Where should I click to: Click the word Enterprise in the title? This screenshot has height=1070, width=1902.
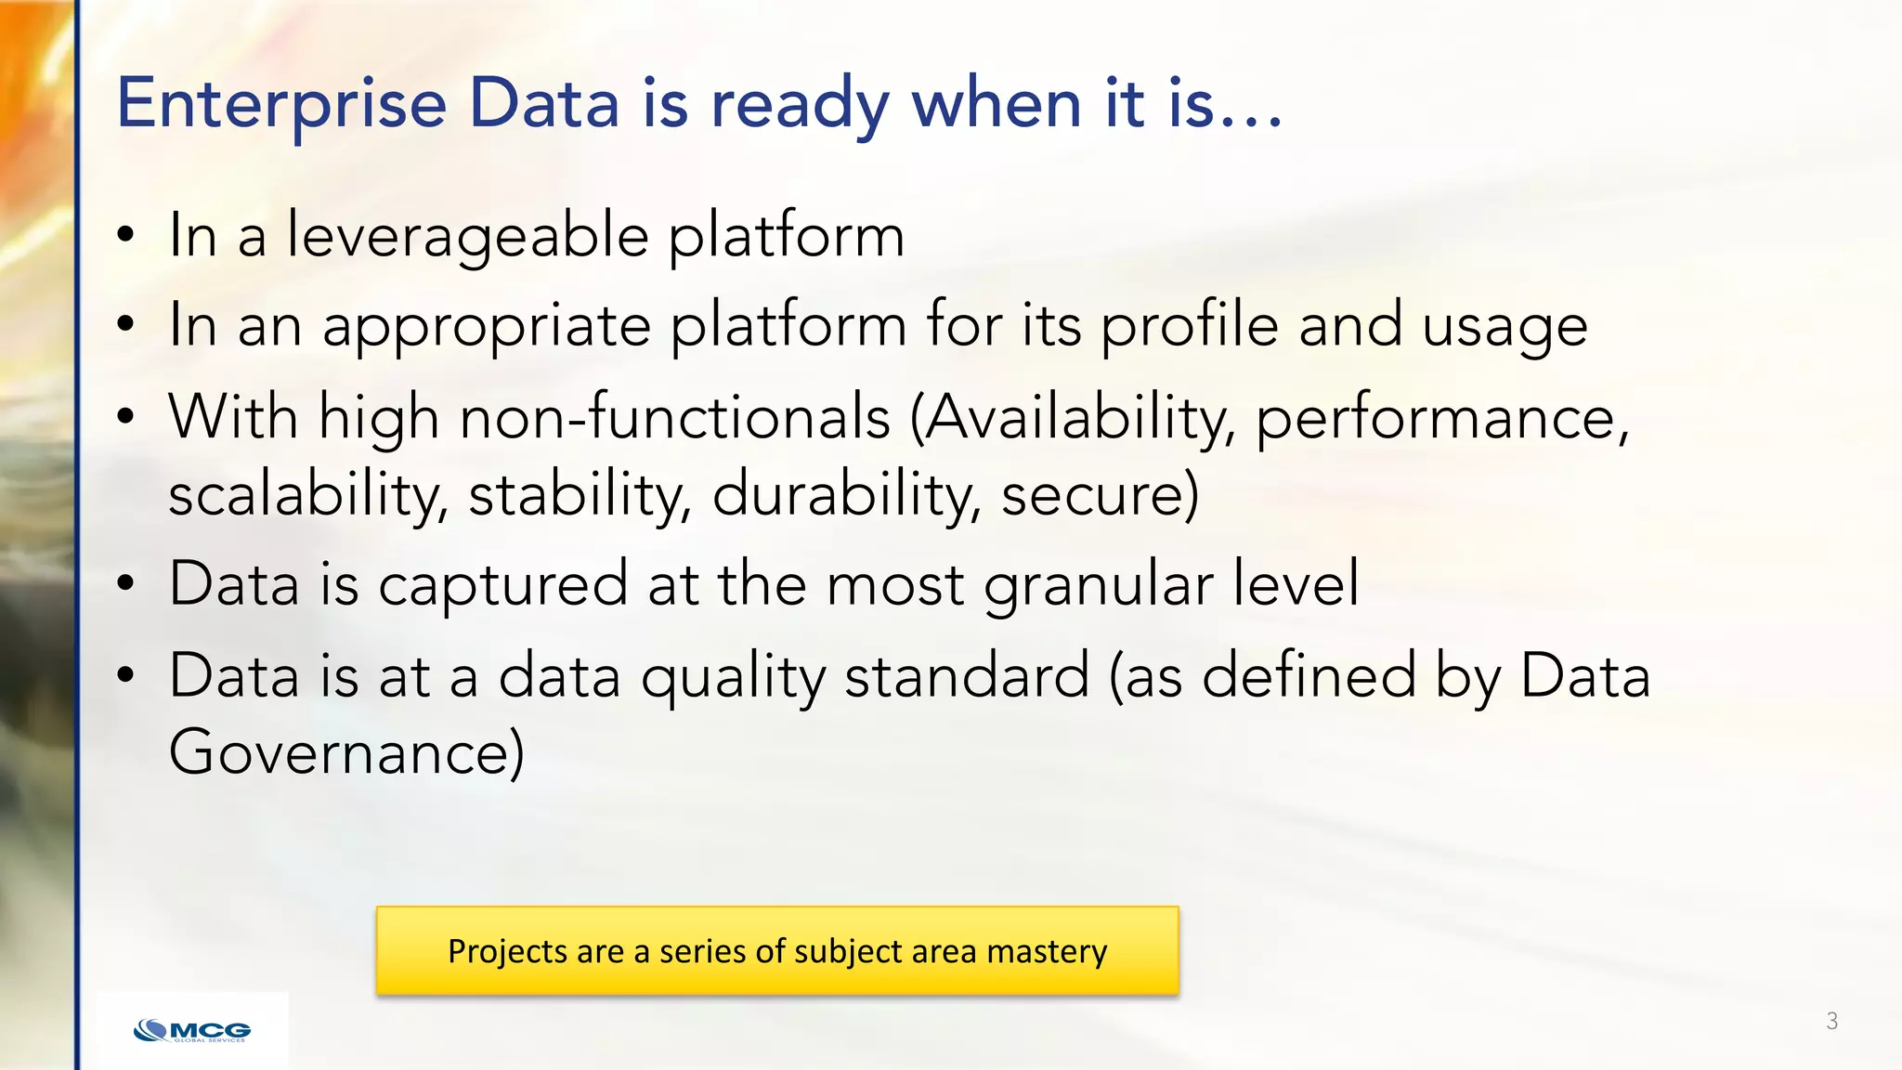281,104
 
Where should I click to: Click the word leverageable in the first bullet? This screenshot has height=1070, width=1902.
467,236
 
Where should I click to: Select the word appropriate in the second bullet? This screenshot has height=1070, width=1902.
487,327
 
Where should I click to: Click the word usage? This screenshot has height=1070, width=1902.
1505,327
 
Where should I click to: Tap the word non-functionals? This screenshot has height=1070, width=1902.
675,417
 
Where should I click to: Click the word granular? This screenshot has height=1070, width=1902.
1098,585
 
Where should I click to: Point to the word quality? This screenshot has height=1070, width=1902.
733,676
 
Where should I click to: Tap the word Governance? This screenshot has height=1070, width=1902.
345,752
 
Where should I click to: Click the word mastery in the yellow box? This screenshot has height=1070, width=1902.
1047,951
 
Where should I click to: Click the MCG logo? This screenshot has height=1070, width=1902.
192,1030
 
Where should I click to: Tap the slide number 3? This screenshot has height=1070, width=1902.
1831,1021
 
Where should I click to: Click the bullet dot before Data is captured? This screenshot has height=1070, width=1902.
126,584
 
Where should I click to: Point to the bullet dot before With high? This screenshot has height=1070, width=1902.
126,417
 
